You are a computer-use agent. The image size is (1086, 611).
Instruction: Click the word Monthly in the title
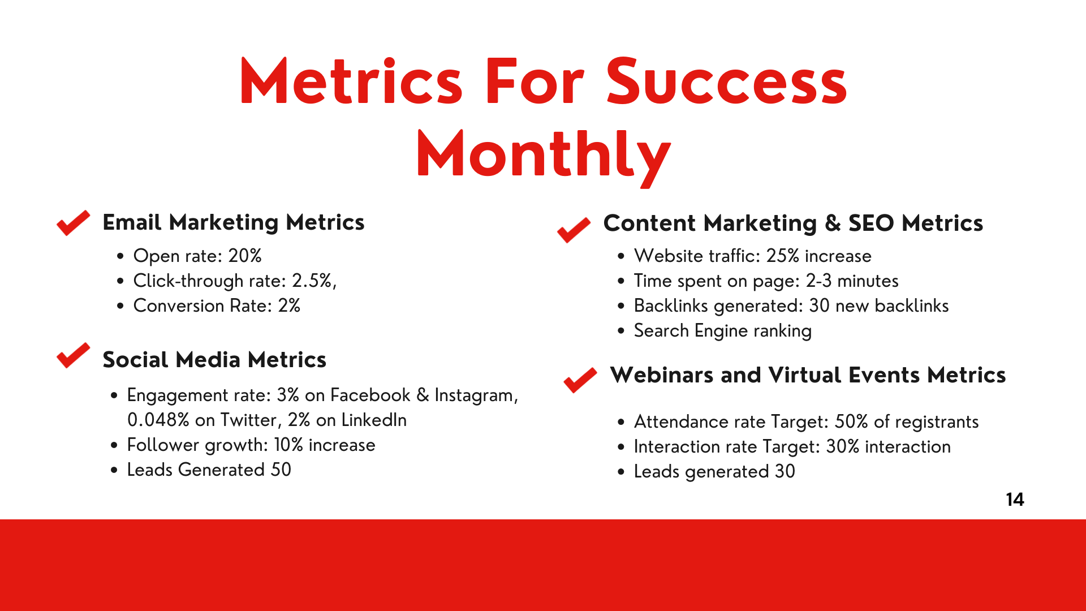[544, 154]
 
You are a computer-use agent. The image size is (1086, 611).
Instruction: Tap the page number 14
[1015, 500]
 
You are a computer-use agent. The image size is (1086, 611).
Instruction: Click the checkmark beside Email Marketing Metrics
[74, 223]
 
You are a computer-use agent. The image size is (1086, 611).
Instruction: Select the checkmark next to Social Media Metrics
[74, 355]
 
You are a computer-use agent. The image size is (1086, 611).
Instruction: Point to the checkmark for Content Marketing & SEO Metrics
[574, 230]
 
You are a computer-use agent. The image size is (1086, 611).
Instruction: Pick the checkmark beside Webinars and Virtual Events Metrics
[580, 380]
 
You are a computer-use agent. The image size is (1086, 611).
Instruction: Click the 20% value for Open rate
[245, 256]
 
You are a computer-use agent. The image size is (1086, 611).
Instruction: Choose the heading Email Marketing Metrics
[234, 222]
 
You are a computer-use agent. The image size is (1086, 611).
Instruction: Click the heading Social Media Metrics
[214, 360]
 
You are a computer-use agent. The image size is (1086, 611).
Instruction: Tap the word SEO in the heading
[871, 223]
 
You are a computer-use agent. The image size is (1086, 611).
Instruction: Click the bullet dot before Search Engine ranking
[621, 331]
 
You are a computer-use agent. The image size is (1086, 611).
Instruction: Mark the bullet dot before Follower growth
[114, 445]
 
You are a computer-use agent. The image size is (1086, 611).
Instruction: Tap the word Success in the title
[727, 82]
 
